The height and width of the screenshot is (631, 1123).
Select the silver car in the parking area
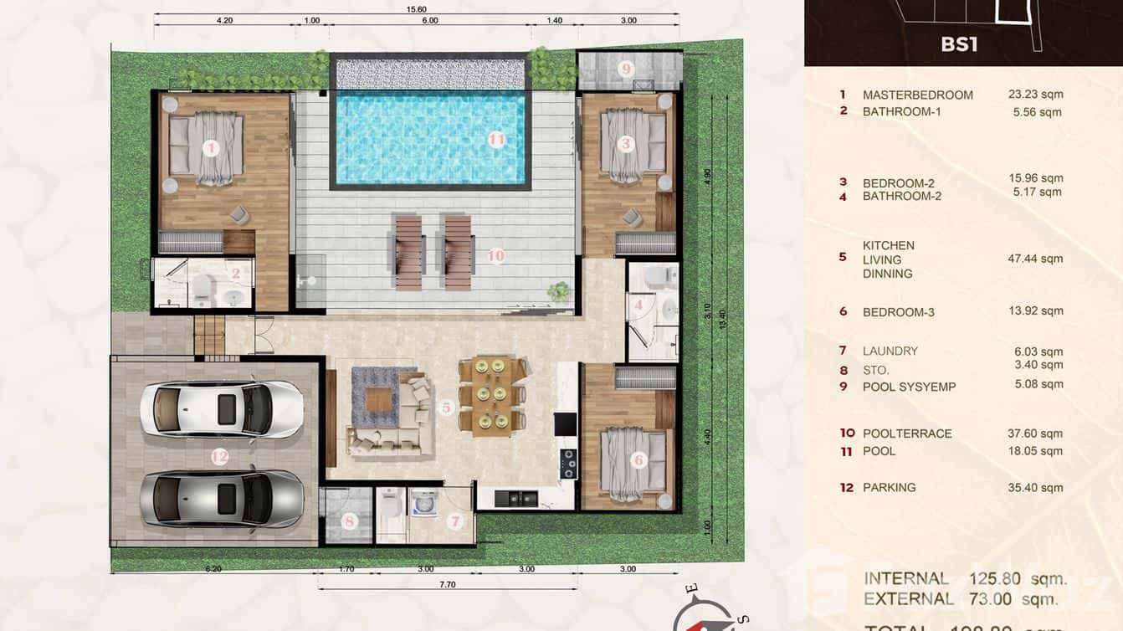pos(221,498)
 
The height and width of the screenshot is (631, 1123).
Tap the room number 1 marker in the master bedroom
pos(211,148)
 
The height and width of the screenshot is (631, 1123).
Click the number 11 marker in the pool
pos(497,140)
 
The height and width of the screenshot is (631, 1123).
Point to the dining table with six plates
pos(491,395)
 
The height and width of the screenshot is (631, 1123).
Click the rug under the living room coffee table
pos(382,396)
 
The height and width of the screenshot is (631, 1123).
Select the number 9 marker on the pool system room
pos(627,69)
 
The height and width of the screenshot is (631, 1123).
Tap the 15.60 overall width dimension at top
pos(417,8)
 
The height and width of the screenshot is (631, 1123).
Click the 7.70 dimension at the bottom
pos(447,584)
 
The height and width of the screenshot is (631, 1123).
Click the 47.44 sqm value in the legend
pos(1035,259)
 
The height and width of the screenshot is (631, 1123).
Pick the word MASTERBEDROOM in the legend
pos(917,95)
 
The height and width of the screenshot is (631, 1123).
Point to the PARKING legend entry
pos(889,487)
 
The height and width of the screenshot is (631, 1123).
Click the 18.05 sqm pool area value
pos(1035,450)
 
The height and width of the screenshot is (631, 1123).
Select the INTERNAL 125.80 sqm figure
pos(965,578)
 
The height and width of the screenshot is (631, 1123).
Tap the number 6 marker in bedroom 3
pos(638,459)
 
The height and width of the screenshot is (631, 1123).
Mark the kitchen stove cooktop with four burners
pos(568,463)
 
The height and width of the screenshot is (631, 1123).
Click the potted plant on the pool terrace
pos(558,291)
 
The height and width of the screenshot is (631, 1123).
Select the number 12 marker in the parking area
pos(219,456)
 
